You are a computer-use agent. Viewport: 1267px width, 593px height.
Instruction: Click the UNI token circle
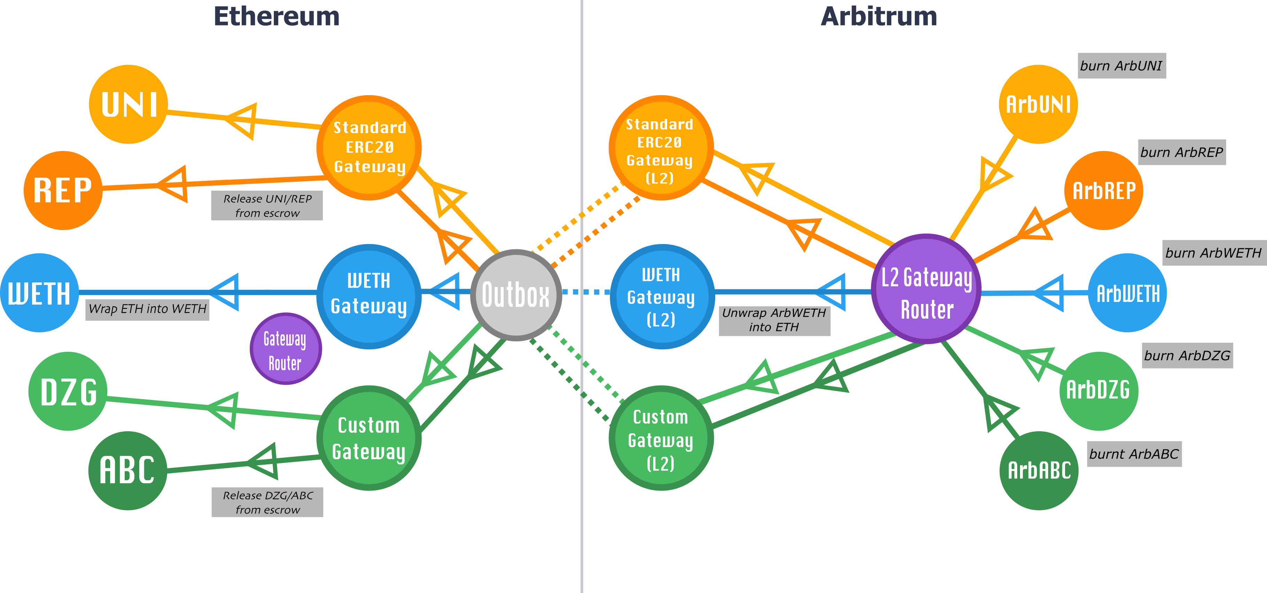click(x=129, y=104)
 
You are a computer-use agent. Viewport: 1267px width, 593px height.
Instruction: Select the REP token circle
click(x=63, y=190)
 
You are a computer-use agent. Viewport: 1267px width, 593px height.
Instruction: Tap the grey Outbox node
click(x=516, y=295)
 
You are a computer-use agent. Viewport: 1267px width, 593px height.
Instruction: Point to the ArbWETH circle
click(x=1127, y=293)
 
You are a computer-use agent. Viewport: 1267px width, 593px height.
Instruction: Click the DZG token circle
click(x=68, y=391)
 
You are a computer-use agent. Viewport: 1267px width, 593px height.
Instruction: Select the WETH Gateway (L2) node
click(x=661, y=297)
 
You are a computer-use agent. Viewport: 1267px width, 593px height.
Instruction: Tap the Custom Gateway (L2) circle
click(x=660, y=438)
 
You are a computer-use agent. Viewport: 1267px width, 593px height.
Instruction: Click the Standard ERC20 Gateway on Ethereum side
click(x=369, y=147)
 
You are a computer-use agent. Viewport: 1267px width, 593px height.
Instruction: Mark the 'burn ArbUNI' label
click(x=1121, y=66)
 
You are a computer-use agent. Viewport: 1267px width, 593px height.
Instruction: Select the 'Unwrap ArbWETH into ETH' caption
click(x=774, y=320)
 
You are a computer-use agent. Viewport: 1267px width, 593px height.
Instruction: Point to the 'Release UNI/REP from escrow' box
click(x=267, y=206)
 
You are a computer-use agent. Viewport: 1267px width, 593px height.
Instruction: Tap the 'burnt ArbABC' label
click(x=1134, y=454)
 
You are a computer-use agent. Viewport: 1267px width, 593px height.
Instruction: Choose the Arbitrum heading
click(x=879, y=17)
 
